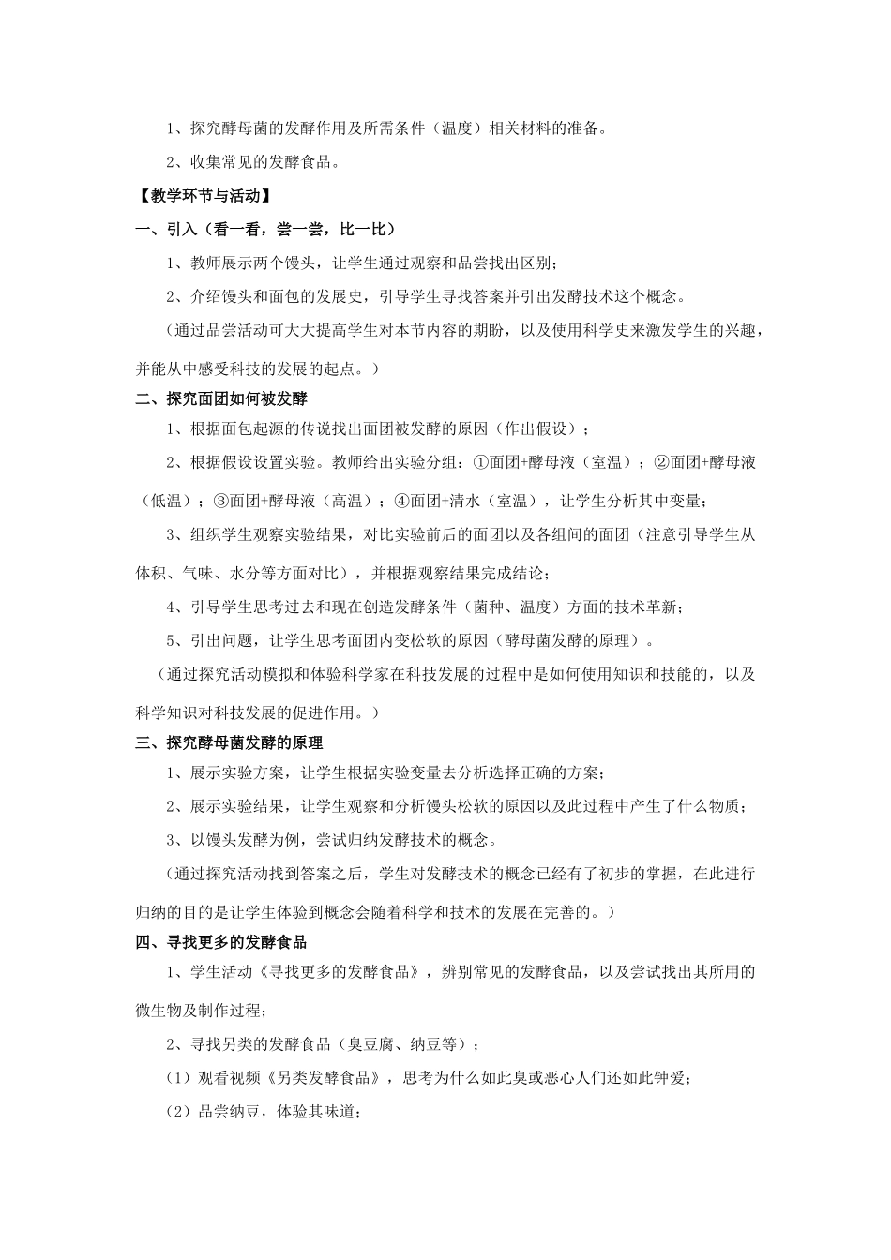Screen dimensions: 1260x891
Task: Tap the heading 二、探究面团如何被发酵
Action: pos(221,398)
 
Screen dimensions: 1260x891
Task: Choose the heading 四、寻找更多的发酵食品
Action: pos(221,942)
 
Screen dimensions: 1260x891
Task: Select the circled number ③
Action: pos(221,501)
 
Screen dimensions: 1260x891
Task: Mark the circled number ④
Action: pos(400,501)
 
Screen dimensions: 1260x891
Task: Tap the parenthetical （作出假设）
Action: pos(538,429)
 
